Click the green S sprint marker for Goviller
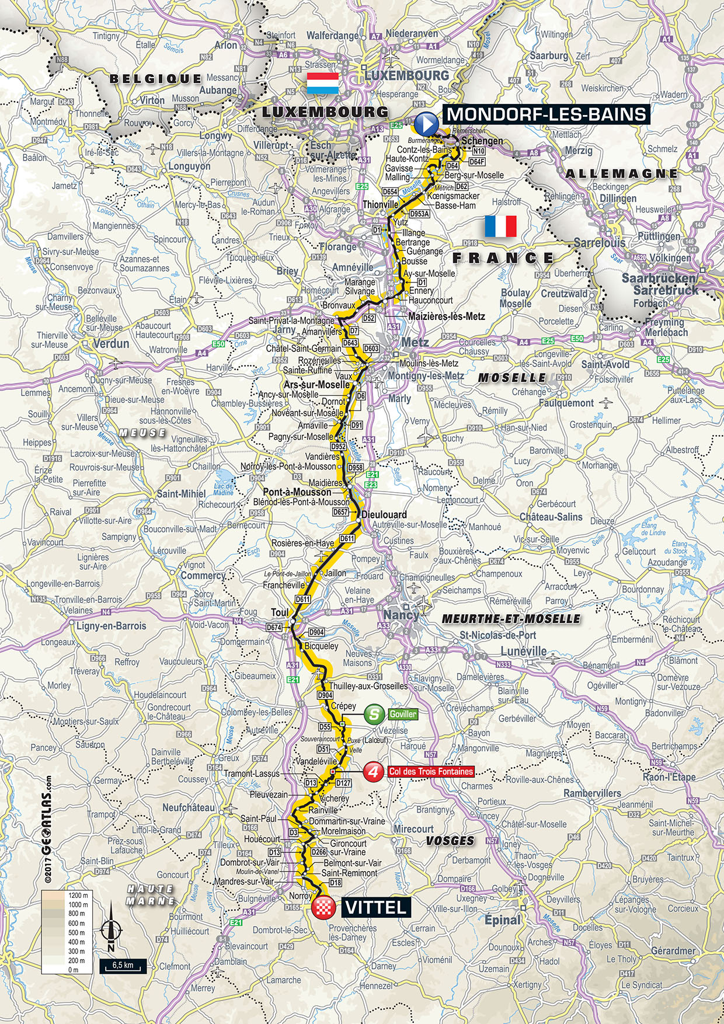point(374,714)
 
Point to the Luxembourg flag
point(322,83)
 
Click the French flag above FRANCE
point(500,226)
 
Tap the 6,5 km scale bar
point(122,964)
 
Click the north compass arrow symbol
point(111,929)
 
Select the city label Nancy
point(401,615)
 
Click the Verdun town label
point(111,343)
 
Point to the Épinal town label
point(502,920)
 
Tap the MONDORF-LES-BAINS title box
point(547,114)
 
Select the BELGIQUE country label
point(155,78)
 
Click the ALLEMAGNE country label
point(621,173)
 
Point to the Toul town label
point(280,612)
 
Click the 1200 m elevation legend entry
point(77,895)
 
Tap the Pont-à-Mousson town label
point(297,492)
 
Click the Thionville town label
point(380,204)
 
